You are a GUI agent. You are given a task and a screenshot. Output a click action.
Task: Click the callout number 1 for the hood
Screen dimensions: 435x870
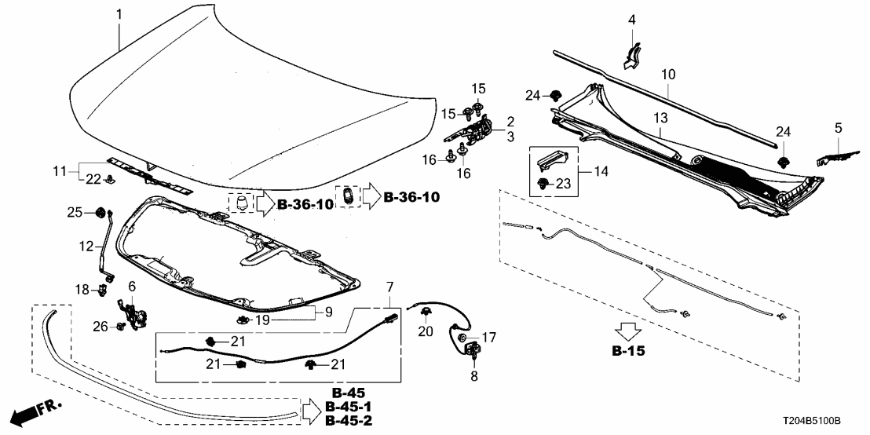(119, 14)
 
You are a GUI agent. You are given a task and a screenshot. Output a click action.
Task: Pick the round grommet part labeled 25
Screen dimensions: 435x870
(100, 212)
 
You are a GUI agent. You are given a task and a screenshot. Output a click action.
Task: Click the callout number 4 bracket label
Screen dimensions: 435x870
(631, 19)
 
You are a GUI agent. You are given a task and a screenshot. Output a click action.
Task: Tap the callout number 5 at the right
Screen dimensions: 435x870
(838, 126)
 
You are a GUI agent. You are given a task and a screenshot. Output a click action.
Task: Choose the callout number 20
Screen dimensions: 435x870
(426, 332)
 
